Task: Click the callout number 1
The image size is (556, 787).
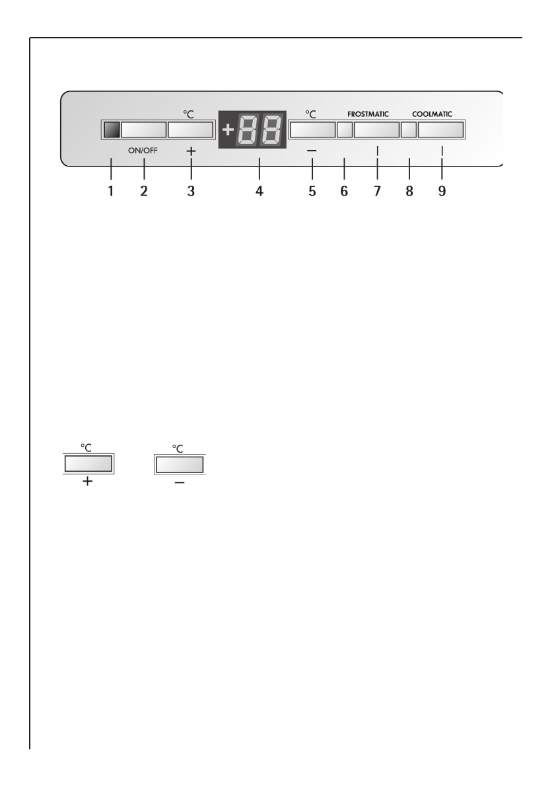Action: (x=111, y=191)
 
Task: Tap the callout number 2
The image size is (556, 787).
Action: (x=144, y=191)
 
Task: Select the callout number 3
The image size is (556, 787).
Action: (x=191, y=191)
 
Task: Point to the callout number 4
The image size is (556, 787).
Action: (x=260, y=191)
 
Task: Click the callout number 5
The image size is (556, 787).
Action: (x=312, y=191)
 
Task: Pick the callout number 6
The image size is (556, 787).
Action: (x=344, y=191)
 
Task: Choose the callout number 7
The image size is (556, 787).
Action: (x=377, y=191)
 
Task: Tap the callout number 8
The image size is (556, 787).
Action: (x=409, y=191)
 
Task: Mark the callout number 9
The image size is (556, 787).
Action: (x=442, y=191)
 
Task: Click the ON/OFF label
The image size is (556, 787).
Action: (x=143, y=150)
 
